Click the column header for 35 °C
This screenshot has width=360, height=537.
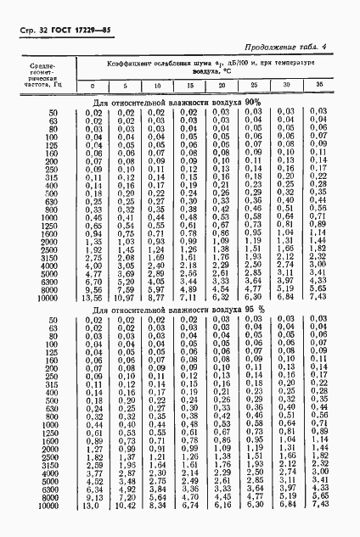[x=319, y=87]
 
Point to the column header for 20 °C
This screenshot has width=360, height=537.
[x=222, y=87]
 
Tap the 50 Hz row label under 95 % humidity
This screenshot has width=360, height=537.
[x=53, y=319]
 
